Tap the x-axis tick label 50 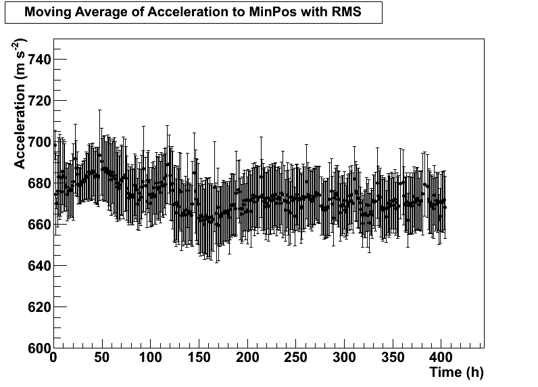point(101,357)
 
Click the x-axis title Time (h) point(456,372)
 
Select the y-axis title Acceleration point(20,131)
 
